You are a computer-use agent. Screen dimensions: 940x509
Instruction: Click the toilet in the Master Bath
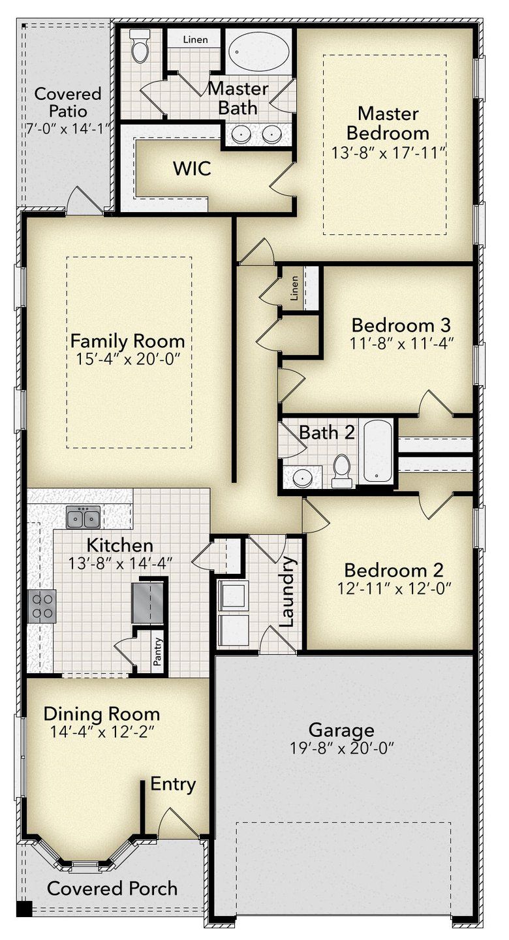(x=140, y=47)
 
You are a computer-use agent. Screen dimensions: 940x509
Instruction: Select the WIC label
(x=192, y=168)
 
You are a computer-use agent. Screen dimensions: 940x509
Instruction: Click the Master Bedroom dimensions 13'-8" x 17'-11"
(x=388, y=153)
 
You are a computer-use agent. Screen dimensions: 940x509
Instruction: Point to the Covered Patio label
(x=68, y=102)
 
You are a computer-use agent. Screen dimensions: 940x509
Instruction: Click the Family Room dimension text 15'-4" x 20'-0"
(x=127, y=359)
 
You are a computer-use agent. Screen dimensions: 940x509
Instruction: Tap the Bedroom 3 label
(x=401, y=324)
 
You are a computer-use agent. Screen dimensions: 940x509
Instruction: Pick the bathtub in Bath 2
(x=378, y=450)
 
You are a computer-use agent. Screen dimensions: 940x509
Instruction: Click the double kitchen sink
(x=83, y=518)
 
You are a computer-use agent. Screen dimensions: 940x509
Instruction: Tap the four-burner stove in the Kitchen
(x=42, y=604)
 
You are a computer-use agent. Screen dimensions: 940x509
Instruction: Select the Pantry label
(x=158, y=650)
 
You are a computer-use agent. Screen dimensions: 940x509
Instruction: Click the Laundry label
(x=288, y=592)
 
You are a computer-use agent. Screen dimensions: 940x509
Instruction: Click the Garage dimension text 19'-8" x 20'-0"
(x=341, y=747)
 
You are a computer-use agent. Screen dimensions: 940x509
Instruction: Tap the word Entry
(x=173, y=784)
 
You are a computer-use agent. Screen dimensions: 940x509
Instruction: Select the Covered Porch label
(x=112, y=888)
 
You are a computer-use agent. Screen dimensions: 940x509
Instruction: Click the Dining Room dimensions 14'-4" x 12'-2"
(x=101, y=732)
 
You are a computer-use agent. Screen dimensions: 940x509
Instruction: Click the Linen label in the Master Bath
(x=195, y=40)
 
